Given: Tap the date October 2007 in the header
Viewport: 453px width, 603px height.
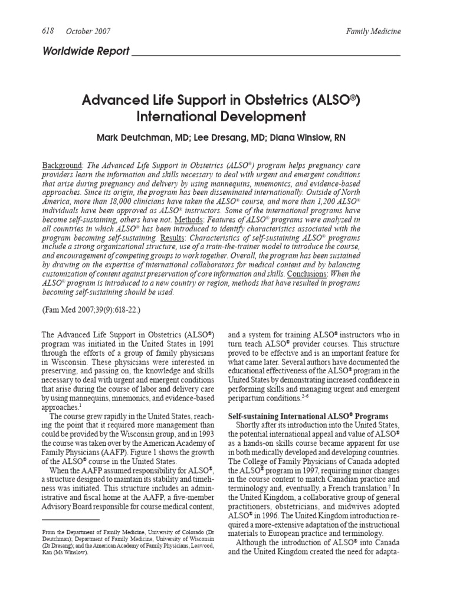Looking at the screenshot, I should point(88,31).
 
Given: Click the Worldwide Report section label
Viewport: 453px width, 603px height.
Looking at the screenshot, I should point(86,51).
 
